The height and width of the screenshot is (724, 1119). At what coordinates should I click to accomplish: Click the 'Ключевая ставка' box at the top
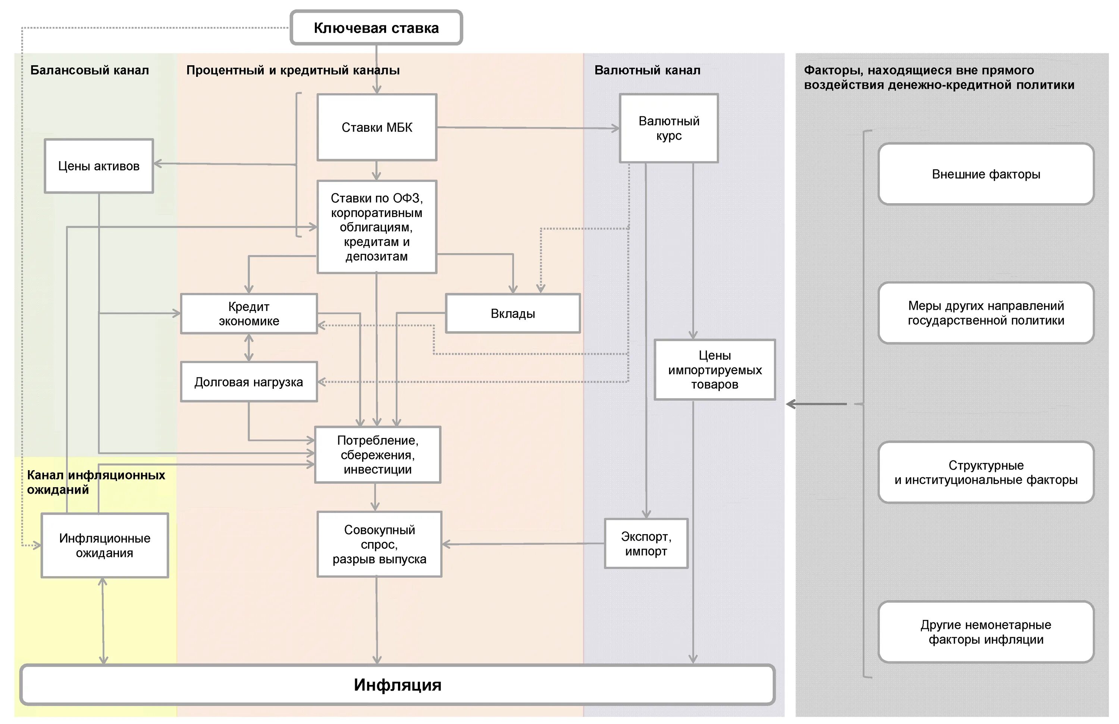pos(376,28)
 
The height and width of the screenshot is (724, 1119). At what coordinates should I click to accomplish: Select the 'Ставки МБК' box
pos(377,128)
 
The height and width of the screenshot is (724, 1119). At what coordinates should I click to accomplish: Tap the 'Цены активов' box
pos(99,166)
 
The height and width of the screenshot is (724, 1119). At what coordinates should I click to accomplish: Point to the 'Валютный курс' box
pos(668,128)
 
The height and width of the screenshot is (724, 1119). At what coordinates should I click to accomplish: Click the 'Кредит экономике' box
pos(249,314)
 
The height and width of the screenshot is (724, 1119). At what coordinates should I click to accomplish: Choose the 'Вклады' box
pos(513,314)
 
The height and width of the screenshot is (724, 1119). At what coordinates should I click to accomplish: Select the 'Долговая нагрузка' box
pos(249,382)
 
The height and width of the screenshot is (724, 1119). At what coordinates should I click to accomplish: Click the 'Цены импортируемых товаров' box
pos(715,370)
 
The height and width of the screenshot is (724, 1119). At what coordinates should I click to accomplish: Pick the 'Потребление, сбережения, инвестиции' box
pos(377,455)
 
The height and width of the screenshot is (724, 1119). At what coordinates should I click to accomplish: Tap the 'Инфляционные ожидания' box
pos(104,545)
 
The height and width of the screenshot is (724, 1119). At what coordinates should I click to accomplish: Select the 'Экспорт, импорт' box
pos(646,544)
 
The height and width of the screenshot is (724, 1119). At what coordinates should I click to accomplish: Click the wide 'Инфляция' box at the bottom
pos(397,684)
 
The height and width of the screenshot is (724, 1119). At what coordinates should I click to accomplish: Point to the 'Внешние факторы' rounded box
pos(986,174)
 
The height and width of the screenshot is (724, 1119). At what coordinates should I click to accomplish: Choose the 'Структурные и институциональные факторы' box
pos(986,472)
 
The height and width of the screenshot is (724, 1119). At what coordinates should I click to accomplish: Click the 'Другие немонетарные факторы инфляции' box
pos(986,632)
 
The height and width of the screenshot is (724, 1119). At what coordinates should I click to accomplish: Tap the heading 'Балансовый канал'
pos(89,70)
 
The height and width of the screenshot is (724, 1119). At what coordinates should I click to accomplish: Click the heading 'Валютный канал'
pos(647,70)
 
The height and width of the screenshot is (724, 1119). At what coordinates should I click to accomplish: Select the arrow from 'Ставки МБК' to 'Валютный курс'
pos(527,128)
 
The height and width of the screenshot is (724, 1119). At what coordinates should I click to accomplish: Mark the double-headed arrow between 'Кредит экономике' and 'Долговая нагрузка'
pos(249,348)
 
